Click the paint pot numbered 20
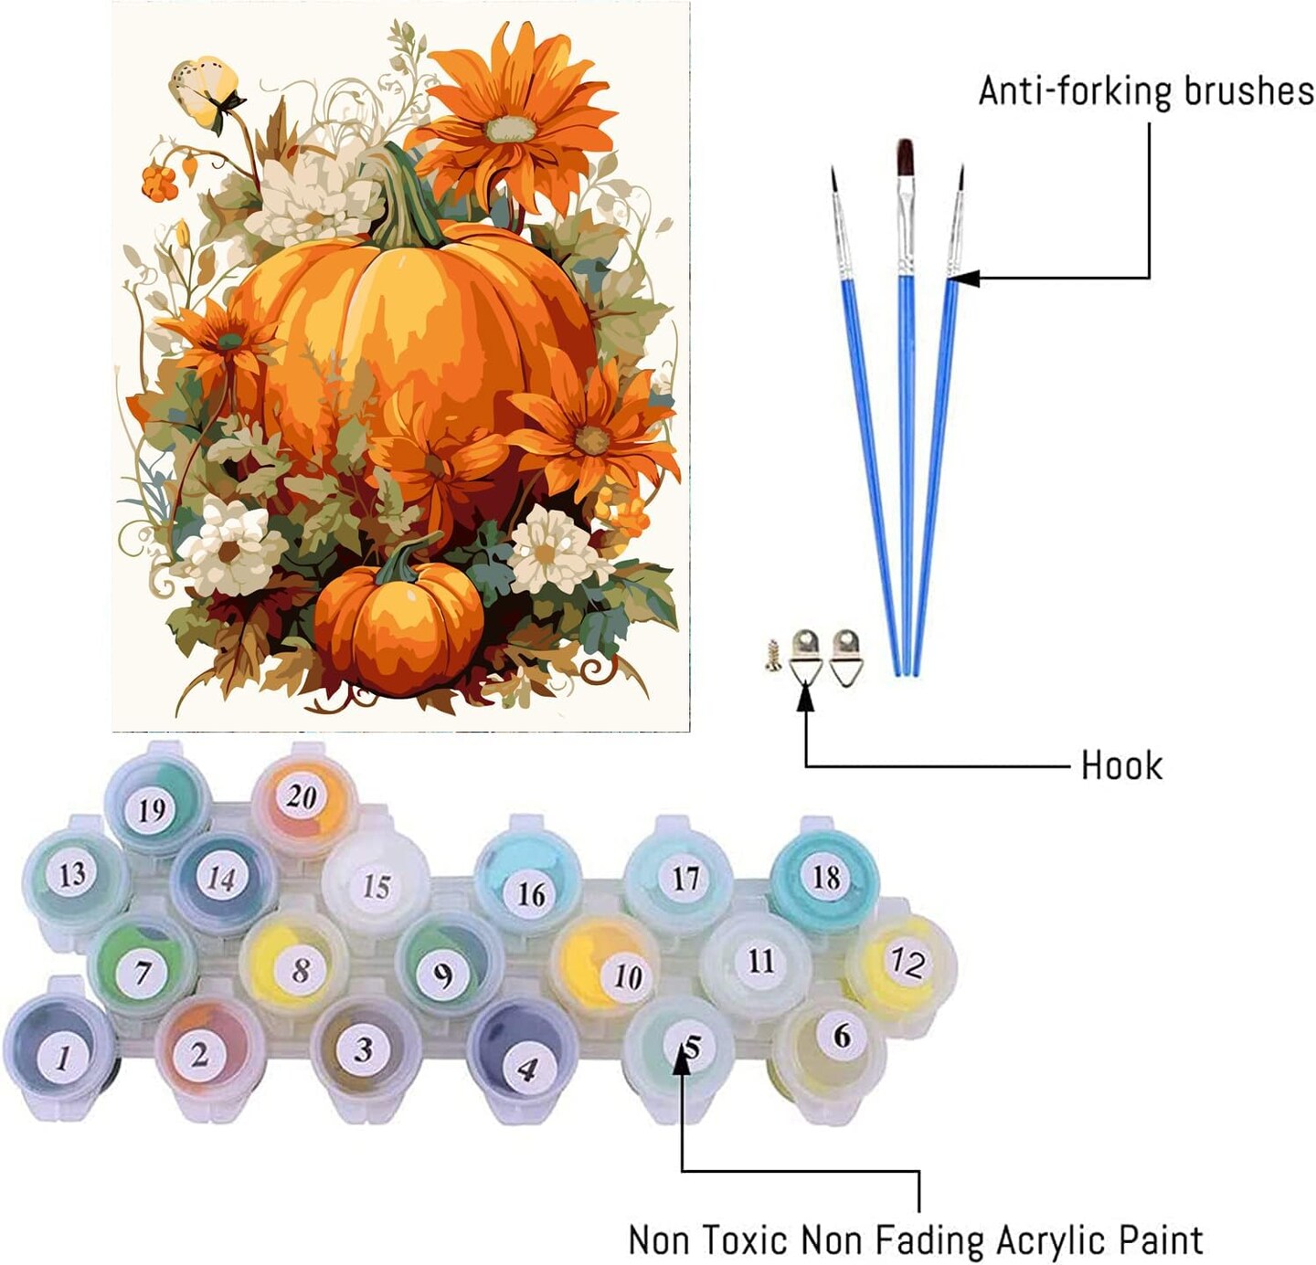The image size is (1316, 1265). pyautogui.click(x=302, y=797)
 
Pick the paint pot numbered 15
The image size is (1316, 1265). pyautogui.click(x=376, y=886)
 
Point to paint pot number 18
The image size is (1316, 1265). pyautogui.click(x=825, y=878)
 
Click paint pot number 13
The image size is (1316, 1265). pyautogui.click(x=72, y=874)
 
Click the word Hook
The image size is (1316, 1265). pyautogui.click(x=1121, y=764)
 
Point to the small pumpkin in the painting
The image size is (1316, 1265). pyautogui.click(x=399, y=621)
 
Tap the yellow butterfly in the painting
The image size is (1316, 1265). pyautogui.click(x=207, y=89)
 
